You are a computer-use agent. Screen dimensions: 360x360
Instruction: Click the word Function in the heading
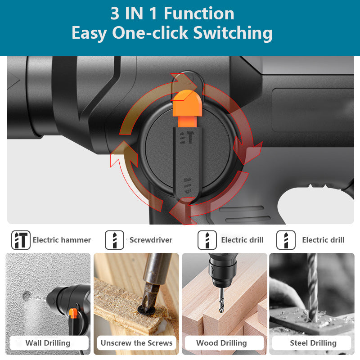pyautogui.click(x=199, y=13)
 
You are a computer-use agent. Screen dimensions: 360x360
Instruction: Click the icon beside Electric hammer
pyautogui.click(x=21, y=240)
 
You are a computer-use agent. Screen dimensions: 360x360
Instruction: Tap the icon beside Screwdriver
pyautogui.click(x=114, y=240)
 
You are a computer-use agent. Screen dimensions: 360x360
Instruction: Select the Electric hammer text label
pyautogui.click(x=62, y=240)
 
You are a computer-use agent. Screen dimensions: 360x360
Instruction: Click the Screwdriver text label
pyautogui.click(x=151, y=240)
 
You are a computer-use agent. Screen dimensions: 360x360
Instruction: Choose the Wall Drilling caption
pyautogui.click(x=48, y=343)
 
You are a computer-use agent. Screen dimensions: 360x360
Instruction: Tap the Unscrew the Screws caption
pyautogui.click(x=136, y=343)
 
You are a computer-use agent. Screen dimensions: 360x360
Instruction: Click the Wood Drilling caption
pyautogui.click(x=221, y=343)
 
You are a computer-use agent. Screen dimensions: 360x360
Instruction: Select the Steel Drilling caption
pyautogui.click(x=313, y=343)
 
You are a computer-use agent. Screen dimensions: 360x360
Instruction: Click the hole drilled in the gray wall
pyautogui.click(x=27, y=295)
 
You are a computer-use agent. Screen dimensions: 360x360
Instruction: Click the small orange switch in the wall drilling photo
pyautogui.click(x=73, y=313)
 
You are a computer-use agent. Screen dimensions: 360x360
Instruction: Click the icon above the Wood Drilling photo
pyautogui.click(x=207, y=240)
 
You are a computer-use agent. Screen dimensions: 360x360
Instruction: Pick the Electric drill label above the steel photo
pyautogui.click(x=323, y=240)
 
